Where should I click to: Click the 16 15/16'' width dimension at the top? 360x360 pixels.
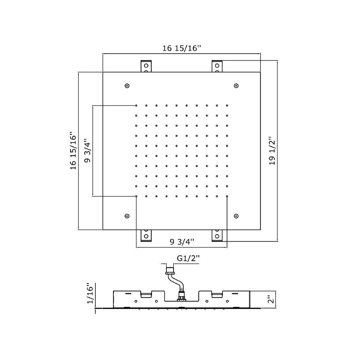pyautogui.click(x=181, y=48)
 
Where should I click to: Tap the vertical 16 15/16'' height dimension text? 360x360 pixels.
pyautogui.click(x=73, y=150)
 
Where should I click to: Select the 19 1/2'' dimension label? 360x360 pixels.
pyautogui.click(x=272, y=151)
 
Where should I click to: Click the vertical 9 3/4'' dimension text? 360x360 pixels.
pyautogui.click(x=87, y=150)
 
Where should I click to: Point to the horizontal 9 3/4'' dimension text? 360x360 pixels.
pyautogui.click(x=182, y=242)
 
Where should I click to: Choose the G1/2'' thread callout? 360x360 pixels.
pyautogui.click(x=188, y=258)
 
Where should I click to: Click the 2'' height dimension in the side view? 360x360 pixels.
pyautogui.click(x=271, y=300)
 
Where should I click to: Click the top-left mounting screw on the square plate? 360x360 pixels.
pyautogui.click(x=127, y=86)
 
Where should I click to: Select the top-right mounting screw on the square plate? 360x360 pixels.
pyautogui.click(x=236, y=86)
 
